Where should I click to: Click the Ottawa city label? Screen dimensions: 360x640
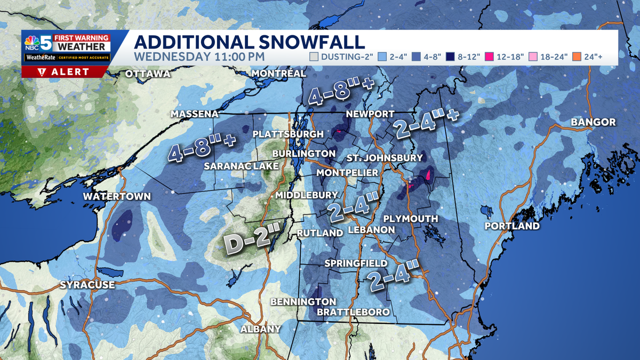(148, 74)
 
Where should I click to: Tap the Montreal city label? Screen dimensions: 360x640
(278, 73)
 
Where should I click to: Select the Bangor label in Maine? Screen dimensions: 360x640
(593, 122)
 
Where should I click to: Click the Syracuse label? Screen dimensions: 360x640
(87, 285)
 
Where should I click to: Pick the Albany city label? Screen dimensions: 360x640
(260, 329)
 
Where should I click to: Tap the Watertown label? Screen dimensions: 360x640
(117, 197)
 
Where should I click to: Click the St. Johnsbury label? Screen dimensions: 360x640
(384, 158)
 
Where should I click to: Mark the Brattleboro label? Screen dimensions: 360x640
(353, 311)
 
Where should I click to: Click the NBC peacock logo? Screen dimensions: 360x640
(31, 42)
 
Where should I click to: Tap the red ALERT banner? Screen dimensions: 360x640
(65, 71)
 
